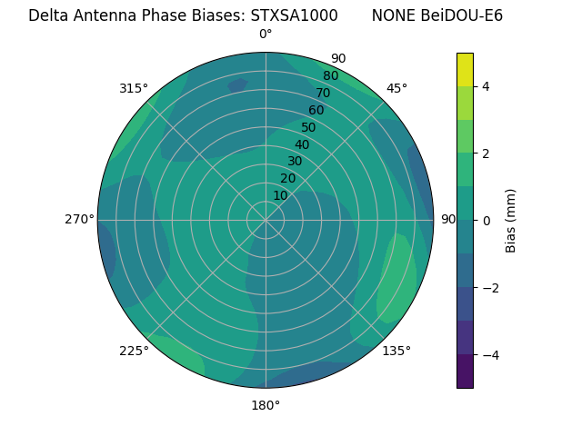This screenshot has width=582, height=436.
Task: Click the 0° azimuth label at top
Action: click(x=266, y=35)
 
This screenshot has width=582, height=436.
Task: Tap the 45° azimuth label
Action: click(x=396, y=88)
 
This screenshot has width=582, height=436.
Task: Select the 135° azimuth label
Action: click(x=396, y=351)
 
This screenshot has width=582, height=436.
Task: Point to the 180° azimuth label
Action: click(x=266, y=405)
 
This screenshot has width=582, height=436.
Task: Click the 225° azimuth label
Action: click(x=134, y=351)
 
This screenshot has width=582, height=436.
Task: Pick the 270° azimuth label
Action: click(x=79, y=219)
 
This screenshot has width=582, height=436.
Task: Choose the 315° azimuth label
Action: click(x=134, y=88)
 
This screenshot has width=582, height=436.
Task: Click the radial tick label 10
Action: click(x=280, y=195)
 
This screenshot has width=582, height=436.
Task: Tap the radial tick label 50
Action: click(x=309, y=127)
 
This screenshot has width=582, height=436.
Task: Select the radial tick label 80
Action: click(x=331, y=76)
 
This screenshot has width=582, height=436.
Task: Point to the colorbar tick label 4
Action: click(x=487, y=86)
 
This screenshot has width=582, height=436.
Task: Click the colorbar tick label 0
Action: click(x=487, y=220)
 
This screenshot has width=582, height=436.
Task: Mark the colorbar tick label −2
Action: click(x=490, y=287)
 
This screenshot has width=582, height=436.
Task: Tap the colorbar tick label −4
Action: click(x=490, y=354)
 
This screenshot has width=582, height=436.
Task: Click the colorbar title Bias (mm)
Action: click(x=511, y=220)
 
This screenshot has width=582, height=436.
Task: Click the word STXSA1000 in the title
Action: click(x=296, y=15)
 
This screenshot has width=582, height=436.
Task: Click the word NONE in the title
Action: click(x=392, y=15)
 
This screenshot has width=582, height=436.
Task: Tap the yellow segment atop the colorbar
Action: click(x=465, y=69)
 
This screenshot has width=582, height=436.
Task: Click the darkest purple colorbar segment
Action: click(x=465, y=371)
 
